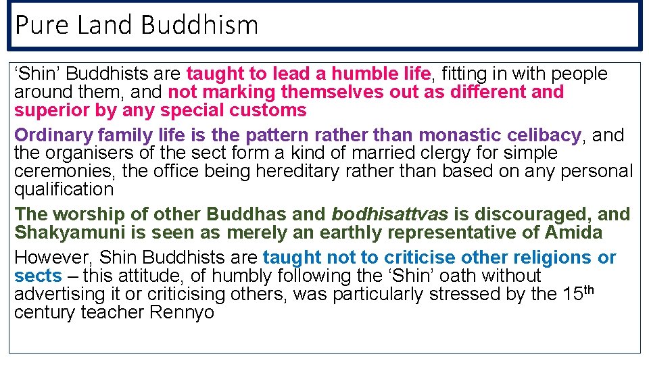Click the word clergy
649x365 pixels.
click(x=417, y=153)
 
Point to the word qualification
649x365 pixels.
click(x=64, y=190)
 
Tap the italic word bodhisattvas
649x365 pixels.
click(x=390, y=214)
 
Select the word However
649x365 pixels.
click(x=53, y=258)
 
